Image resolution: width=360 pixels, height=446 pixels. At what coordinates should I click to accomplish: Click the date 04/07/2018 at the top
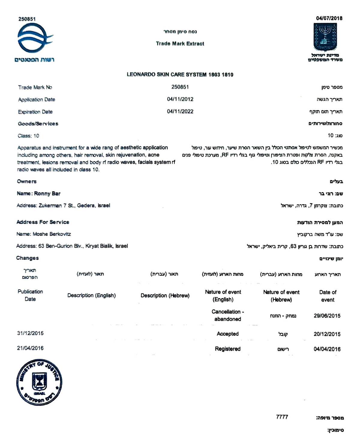(329, 18)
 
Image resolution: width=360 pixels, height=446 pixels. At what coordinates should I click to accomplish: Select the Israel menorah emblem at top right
(325, 37)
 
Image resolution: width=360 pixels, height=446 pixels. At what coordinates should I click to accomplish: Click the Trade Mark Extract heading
(180, 44)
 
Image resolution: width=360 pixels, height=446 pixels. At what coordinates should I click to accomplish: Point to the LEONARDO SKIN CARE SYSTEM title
(180, 75)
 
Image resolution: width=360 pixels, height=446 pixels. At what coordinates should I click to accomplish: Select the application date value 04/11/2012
(180, 99)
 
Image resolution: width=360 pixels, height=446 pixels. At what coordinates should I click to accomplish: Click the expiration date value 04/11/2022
(180, 112)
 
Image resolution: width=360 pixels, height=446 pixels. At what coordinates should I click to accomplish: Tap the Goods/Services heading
(38, 124)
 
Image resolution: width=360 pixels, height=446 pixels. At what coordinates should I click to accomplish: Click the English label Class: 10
(28, 136)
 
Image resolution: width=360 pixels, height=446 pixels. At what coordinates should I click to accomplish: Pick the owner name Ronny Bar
(47, 194)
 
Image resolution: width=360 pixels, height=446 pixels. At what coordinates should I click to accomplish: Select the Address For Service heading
(43, 222)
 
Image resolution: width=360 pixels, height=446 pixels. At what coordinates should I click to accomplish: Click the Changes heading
(28, 258)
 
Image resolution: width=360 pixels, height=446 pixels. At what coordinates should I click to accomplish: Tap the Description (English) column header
(91, 295)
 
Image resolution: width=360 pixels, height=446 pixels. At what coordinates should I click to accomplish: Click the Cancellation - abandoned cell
(228, 316)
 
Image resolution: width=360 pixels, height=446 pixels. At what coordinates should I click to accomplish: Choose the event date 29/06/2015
(327, 316)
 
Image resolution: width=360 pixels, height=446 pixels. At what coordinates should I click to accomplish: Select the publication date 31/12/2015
(30, 333)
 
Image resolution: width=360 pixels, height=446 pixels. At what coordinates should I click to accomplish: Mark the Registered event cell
(228, 349)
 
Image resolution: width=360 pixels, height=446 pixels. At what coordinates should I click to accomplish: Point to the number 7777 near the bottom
(282, 417)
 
